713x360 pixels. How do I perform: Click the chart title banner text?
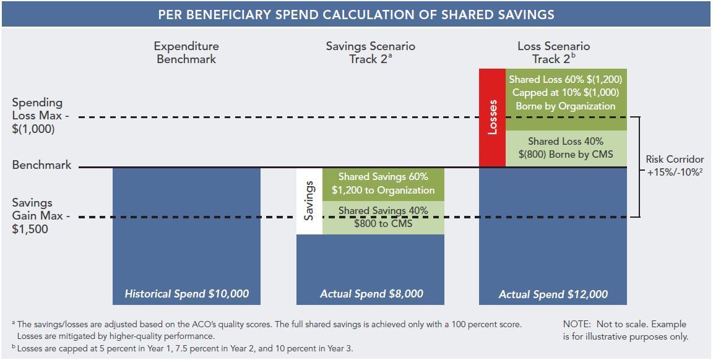[356, 14]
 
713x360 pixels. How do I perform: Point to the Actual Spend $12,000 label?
[553, 294]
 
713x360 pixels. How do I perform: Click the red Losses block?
[492, 118]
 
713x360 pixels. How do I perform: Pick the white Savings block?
[309, 201]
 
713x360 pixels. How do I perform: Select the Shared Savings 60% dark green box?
[383, 184]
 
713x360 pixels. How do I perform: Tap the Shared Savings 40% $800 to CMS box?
[383, 217]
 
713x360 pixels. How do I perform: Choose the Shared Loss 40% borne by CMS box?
[566, 148]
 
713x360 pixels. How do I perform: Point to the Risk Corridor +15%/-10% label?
[675, 166]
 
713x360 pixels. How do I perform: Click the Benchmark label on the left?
[41, 165]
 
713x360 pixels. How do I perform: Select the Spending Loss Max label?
[38, 116]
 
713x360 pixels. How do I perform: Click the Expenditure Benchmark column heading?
[186, 53]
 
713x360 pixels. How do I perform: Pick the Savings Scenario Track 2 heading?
[371, 53]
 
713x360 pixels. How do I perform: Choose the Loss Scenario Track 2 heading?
[553, 53]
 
